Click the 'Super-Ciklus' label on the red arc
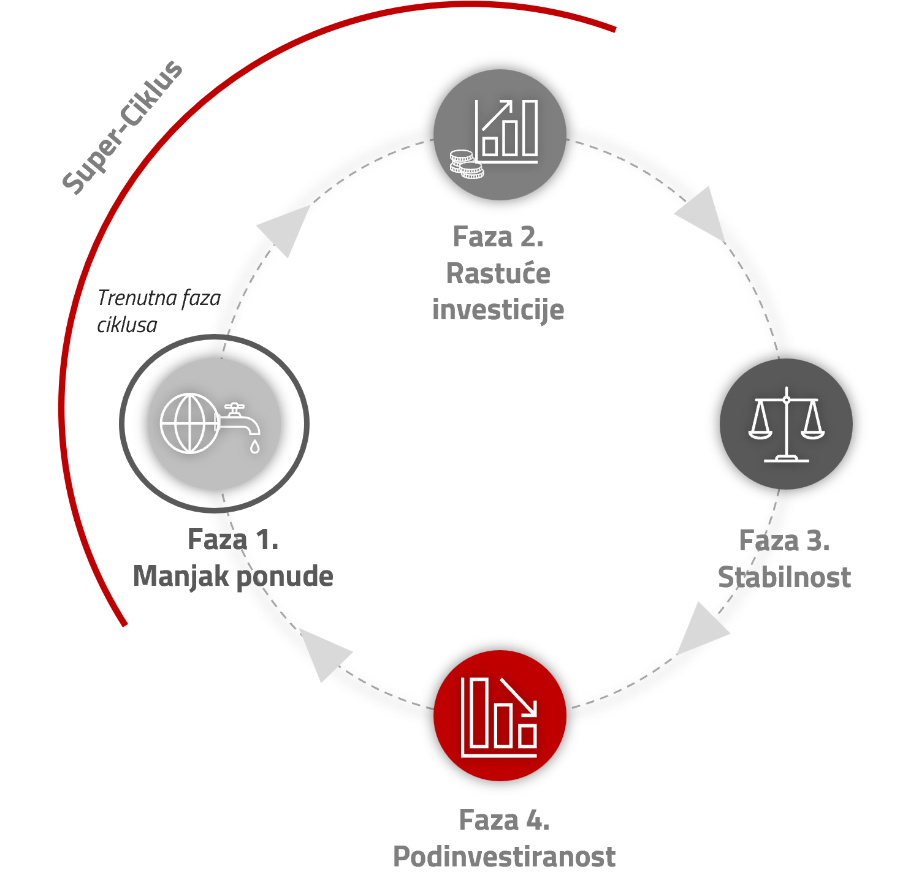(123, 127)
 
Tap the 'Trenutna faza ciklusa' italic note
(159, 311)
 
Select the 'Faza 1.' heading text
(233, 540)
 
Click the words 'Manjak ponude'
(233, 577)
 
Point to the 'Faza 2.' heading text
(498, 237)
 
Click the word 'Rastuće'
(498, 273)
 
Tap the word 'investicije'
(498, 310)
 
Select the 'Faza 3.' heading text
(785, 540)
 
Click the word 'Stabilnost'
(785, 577)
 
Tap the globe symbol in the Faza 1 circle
(189, 423)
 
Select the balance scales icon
(787, 424)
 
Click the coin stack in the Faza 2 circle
(467, 164)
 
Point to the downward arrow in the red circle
(519, 696)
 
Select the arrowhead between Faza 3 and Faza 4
(702, 628)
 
